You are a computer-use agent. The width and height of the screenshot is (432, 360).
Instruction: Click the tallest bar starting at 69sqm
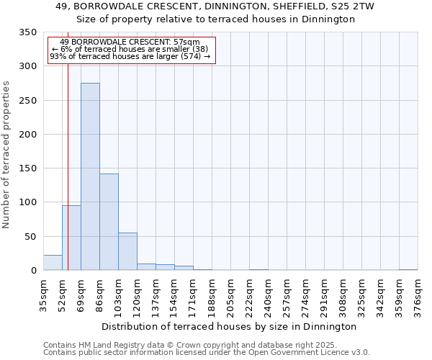[x=90, y=176]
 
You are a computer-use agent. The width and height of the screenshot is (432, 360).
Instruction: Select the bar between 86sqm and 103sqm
[x=109, y=222]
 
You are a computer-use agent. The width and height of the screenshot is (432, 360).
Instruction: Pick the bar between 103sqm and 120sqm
[x=127, y=251]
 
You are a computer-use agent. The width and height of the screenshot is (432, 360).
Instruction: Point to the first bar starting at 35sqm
[x=53, y=263]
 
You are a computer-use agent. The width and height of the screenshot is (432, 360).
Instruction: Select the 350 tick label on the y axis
[x=27, y=32]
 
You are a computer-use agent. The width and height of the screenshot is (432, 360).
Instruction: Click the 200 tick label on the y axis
[x=27, y=135]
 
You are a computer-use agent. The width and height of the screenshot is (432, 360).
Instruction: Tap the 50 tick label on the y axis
[x=30, y=237]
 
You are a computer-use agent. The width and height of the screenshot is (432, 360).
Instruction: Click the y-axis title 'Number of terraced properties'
[x=6, y=155]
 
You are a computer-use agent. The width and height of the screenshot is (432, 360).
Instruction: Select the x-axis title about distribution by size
[x=229, y=326]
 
